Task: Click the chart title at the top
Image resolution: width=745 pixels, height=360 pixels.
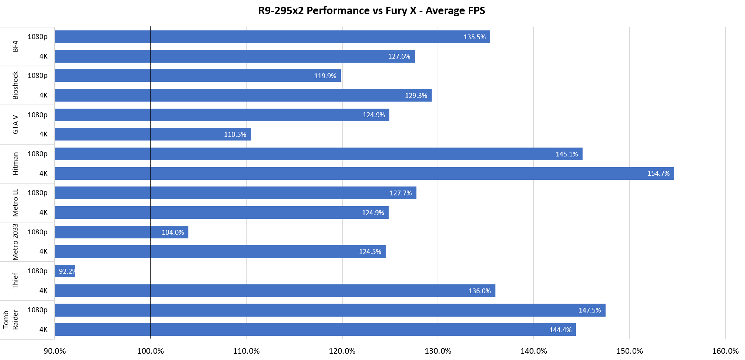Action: tap(372, 10)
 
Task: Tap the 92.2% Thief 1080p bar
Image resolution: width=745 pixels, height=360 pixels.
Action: tap(65, 271)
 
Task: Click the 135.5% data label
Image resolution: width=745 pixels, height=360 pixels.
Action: tap(474, 37)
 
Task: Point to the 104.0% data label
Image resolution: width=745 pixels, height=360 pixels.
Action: tap(173, 232)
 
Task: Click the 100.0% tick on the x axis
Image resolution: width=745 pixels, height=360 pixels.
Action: tap(151, 351)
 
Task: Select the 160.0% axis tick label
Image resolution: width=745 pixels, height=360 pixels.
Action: tap(725, 351)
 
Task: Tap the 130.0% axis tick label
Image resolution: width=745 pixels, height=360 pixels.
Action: tap(438, 351)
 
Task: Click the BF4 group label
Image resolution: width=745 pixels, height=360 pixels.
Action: tap(15, 47)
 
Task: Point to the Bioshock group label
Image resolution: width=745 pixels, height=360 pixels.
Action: tap(15, 86)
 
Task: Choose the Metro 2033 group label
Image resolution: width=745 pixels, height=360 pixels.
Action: tap(15, 242)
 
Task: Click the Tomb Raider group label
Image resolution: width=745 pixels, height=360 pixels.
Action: tap(10, 320)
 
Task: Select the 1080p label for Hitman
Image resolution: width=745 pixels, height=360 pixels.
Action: tap(37, 154)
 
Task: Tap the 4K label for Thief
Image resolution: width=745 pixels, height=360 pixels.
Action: tap(43, 291)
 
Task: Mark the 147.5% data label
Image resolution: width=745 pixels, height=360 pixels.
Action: tap(590, 310)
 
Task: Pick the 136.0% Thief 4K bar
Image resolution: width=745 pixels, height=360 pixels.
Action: tap(274, 291)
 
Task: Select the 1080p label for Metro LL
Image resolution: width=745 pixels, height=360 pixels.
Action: tap(37, 193)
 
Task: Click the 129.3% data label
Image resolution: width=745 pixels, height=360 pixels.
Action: tap(416, 96)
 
